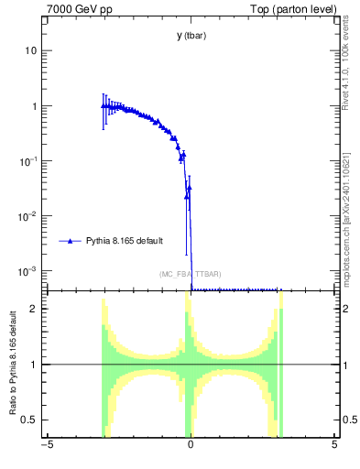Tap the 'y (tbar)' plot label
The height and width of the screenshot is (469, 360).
tap(191, 37)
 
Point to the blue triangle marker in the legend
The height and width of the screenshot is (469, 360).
tap(70, 241)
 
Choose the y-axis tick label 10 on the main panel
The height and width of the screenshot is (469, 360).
tap(31, 51)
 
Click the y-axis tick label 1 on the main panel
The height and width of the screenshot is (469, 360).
tap(35, 106)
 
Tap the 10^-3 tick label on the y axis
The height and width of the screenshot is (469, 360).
tap(29, 271)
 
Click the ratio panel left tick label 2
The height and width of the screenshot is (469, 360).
tap(35, 309)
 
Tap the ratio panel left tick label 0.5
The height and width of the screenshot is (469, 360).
tap(31, 420)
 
